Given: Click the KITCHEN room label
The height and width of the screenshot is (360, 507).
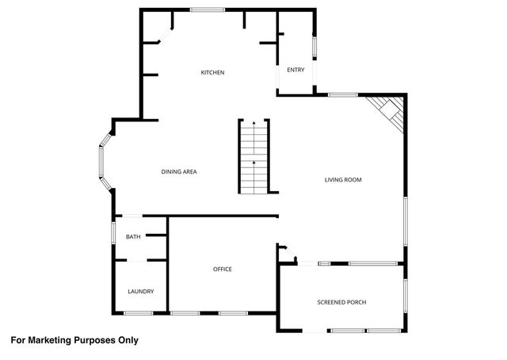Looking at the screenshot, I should point(212,73).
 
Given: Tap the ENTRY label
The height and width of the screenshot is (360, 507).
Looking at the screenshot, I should point(295,70).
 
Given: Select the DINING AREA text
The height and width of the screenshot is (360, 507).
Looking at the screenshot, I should point(179,172).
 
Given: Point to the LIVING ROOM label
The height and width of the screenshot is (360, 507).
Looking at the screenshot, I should point(343,180).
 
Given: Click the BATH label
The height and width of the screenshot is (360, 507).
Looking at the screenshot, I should point(133,236).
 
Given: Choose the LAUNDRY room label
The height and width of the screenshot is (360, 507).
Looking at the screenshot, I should point(141,292).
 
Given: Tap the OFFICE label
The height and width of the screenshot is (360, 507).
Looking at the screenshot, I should point(223,270).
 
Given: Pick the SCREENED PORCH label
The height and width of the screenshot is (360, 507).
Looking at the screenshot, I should point(341,302).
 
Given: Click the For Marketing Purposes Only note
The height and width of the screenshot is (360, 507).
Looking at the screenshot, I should point(74,340).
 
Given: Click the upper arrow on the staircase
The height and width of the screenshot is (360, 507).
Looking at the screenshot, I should point(253,126).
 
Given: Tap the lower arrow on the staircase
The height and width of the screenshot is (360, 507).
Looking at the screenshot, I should point(253,163).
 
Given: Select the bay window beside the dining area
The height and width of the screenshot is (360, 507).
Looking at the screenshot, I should point(102,162).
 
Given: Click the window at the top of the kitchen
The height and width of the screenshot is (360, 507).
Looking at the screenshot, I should point(207,10).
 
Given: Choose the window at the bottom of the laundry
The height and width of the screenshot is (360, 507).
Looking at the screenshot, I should point(138,313).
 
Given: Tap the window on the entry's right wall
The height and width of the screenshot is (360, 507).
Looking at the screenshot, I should point(315,48).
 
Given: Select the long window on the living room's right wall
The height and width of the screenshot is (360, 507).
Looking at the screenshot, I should point(405,224).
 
